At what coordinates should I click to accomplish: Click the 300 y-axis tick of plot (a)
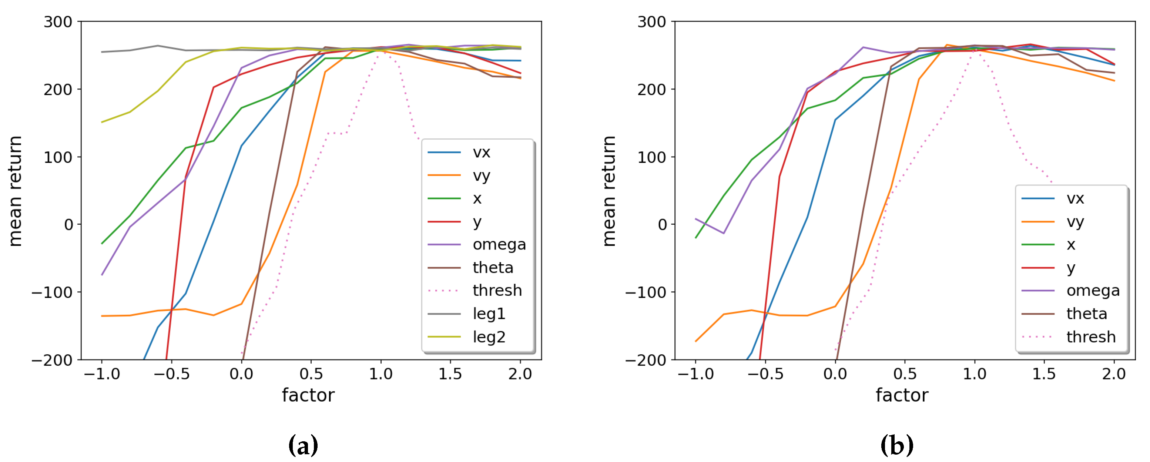click(58, 22)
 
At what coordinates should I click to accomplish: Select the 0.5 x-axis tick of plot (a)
click(311, 374)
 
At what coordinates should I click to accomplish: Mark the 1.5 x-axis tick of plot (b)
click(1044, 374)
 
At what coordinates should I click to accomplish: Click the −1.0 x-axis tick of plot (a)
click(102, 374)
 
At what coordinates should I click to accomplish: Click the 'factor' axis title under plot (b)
click(902, 395)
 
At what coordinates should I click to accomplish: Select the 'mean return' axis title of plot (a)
click(15, 191)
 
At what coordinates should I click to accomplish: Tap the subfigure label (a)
click(304, 445)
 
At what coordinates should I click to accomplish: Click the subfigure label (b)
click(897, 445)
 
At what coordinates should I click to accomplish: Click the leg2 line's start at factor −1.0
click(102, 122)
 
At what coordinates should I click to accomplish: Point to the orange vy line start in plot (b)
click(696, 341)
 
